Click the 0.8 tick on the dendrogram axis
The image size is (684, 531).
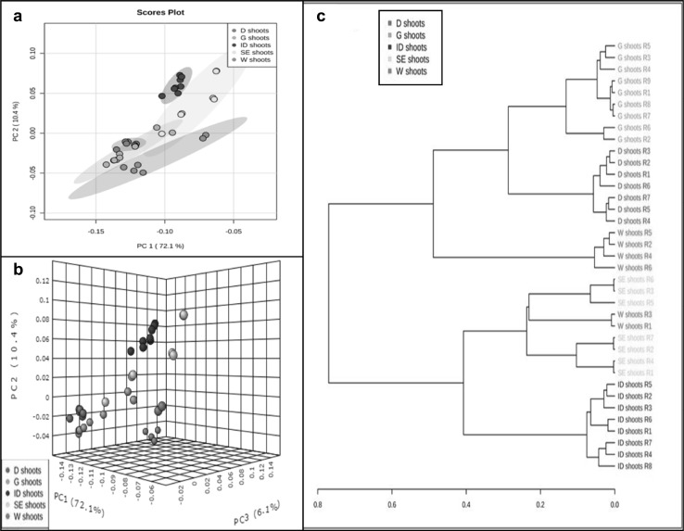pyautogui.click(x=317, y=505)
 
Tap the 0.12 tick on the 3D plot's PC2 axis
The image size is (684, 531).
pyautogui.click(x=41, y=279)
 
